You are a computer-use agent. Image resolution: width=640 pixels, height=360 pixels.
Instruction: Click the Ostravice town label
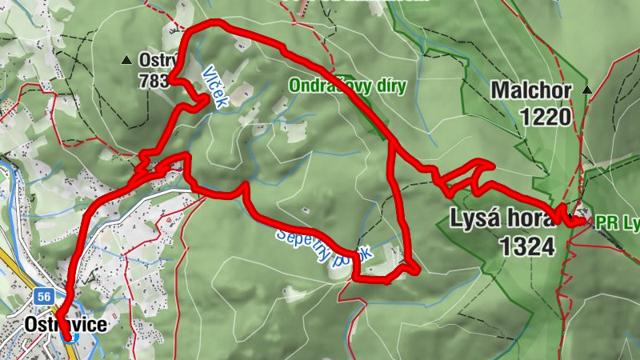(66, 324)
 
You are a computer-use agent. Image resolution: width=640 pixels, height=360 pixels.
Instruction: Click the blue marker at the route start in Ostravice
(68, 336)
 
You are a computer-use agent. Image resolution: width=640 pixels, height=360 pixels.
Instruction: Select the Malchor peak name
(532, 90)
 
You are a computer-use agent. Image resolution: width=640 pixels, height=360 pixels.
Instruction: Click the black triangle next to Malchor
(587, 90)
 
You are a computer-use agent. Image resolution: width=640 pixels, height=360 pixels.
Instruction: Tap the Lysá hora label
(503, 218)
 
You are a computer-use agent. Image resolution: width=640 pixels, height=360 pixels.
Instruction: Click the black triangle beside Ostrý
(126, 59)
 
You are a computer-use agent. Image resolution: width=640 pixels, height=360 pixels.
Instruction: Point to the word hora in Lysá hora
(530, 218)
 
